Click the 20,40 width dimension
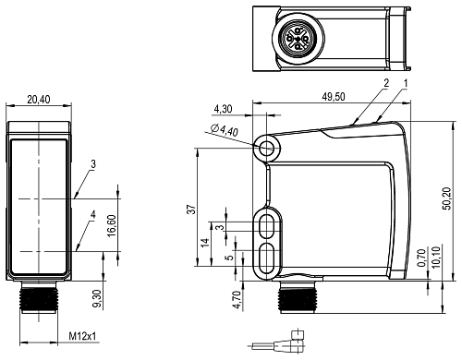tap(39, 100)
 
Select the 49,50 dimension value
tap(334, 97)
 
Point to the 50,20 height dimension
tap(446, 198)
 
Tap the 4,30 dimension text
tap(223, 109)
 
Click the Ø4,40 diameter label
tap(225, 130)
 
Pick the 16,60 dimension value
tap(112, 225)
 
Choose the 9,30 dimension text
tap(97, 299)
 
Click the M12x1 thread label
tap(82, 336)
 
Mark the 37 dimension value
tap(191, 210)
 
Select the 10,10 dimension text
tap(436, 257)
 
